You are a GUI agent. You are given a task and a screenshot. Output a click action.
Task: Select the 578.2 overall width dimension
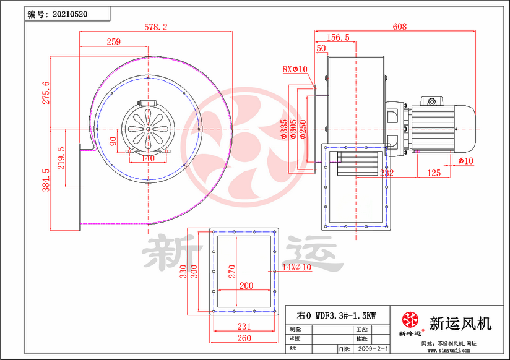click(156, 27)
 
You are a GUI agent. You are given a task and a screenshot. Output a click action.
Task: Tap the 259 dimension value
click(113, 41)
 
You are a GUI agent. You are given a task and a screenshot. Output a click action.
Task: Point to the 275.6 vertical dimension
click(45, 93)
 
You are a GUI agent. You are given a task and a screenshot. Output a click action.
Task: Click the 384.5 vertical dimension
click(45, 180)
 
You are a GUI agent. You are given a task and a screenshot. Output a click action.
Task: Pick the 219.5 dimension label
click(61, 158)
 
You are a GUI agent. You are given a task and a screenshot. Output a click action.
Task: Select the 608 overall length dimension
click(400, 27)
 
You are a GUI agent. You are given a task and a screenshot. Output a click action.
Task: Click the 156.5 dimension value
click(338, 38)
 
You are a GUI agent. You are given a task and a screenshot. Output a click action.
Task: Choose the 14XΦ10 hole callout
click(295, 267)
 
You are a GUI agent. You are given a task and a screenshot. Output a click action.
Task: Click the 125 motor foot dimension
click(434, 173)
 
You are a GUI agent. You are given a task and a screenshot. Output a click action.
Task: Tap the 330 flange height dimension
click(184, 272)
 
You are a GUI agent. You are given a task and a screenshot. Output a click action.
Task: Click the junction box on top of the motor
click(430, 100)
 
